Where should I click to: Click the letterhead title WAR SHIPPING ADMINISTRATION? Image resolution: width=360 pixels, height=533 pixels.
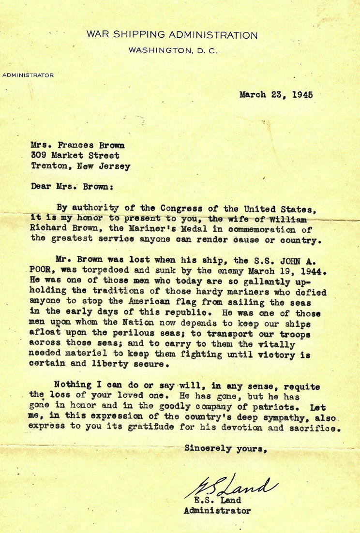(172, 35)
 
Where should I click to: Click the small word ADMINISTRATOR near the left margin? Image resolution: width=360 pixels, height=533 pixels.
(28, 75)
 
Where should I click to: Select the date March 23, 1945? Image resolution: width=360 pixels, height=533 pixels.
(276, 95)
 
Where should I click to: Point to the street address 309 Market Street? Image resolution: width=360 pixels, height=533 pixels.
(75, 155)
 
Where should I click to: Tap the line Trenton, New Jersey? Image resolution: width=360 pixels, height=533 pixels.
(80, 166)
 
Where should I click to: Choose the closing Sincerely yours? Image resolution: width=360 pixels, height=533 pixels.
(226, 448)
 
